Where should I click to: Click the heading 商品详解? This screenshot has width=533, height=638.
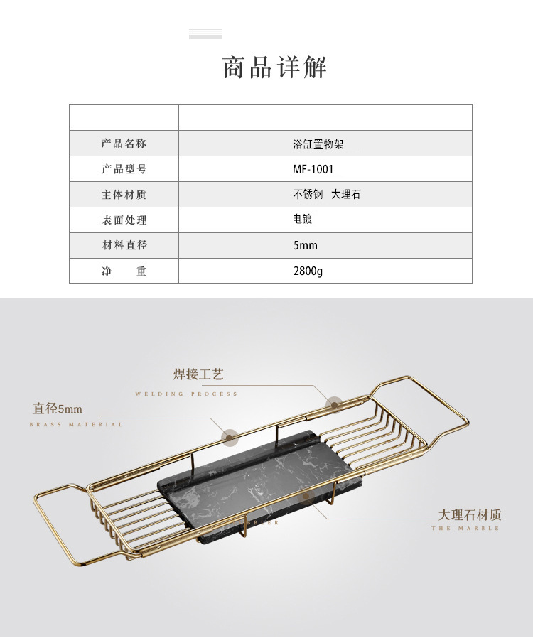pos(274,67)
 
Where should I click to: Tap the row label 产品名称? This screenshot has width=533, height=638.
pos(124,144)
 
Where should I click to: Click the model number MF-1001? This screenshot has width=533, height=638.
pos(313,169)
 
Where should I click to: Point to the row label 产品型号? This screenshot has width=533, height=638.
pos(124,169)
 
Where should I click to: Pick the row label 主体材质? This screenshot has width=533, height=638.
pos(124,195)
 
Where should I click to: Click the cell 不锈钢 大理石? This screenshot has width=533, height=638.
pos(326,194)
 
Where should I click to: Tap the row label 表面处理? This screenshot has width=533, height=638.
pos(124,220)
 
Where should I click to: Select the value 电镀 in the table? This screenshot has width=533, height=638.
pos(302,220)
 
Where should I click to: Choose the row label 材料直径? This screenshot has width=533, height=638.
pos(124,246)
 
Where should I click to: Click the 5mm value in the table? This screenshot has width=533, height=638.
pos(305,246)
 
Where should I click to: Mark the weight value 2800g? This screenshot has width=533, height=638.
pos(308,271)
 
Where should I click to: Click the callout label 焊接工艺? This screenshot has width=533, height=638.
pos(198,374)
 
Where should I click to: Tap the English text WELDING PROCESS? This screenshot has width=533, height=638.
pos(186,394)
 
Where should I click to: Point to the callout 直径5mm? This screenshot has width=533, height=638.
pos(58,409)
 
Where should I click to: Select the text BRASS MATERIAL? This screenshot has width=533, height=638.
pos(76,425)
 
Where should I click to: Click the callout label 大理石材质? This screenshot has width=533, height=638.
pos(469,514)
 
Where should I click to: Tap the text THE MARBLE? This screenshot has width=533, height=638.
pos(465,529)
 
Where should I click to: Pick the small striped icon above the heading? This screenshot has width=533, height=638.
pos(205,34)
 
